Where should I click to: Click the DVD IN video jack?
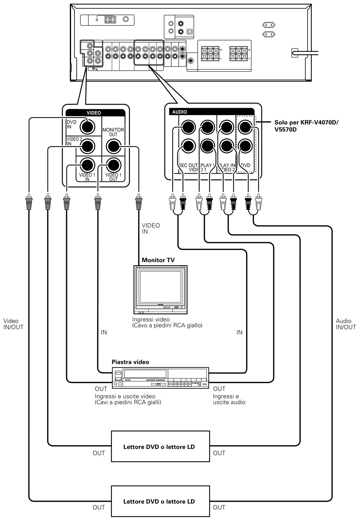coord(87,127)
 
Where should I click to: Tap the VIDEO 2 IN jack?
coord(87,146)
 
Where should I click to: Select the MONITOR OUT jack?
coord(113,146)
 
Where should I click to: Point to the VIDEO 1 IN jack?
coord(87,165)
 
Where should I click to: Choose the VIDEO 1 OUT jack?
coord(113,165)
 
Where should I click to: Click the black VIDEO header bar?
coord(95,113)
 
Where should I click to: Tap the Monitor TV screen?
coord(160,287)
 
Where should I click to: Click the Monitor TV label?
coord(158,260)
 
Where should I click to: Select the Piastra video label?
coord(130,362)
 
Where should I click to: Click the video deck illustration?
coord(160,378)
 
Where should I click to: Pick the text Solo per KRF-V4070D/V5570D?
coord(307,126)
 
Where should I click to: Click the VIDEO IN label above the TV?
coord(151,228)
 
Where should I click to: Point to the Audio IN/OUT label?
coord(346,324)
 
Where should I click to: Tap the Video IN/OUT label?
coord(13,324)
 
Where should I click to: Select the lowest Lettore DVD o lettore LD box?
coord(160,501)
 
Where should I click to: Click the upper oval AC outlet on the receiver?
coord(269,25)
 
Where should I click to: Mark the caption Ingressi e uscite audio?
coord(229,399)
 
